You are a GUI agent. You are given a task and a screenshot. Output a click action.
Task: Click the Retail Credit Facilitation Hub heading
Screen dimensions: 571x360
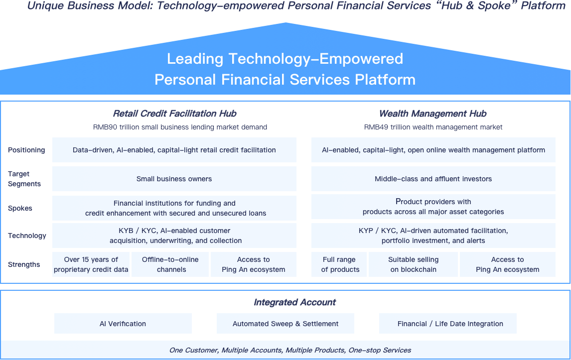(174, 114)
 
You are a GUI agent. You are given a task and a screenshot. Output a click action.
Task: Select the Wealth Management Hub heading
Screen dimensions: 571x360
(432, 114)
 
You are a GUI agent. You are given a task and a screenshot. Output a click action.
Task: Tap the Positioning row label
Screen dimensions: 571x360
(26, 150)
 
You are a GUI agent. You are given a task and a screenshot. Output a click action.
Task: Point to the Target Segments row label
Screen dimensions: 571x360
(24, 179)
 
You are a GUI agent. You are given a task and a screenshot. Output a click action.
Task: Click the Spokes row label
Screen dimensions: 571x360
(20, 208)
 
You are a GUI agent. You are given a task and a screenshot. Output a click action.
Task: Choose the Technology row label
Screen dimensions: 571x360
(27, 236)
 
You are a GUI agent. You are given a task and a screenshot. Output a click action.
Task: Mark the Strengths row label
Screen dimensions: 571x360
(24, 264)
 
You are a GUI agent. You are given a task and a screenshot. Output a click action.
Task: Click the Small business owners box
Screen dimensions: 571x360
(174, 179)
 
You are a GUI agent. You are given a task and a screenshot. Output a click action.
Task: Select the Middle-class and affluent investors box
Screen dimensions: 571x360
(433, 179)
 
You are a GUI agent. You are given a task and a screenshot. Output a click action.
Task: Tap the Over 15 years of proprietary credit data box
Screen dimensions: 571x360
(91, 264)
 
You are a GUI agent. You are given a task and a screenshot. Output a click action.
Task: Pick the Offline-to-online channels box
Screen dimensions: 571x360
(170, 264)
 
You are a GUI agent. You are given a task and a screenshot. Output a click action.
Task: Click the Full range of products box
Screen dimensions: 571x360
(340, 264)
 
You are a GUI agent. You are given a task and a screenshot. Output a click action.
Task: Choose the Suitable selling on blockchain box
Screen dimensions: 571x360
(413, 264)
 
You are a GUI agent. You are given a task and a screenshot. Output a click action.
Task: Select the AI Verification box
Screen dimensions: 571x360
(123, 324)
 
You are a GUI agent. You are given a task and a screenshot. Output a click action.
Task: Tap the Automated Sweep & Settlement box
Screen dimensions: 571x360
(285, 324)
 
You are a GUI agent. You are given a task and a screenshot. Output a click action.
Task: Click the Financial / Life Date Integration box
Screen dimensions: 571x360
(447, 324)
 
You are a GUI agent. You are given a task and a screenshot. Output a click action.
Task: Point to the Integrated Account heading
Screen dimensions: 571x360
(294, 302)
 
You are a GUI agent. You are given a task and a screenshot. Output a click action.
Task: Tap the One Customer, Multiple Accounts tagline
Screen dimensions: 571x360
(290, 350)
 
